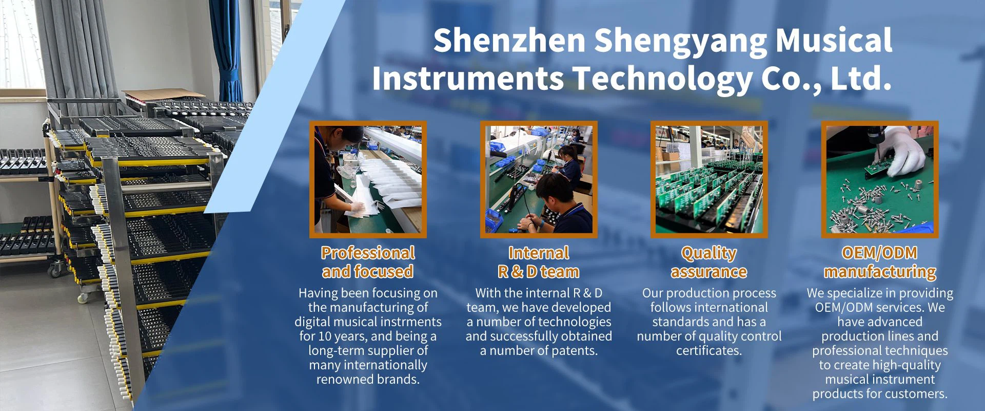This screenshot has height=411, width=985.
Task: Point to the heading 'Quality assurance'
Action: tap(709, 262)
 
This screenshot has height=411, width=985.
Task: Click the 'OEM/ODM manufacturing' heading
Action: tap(880, 262)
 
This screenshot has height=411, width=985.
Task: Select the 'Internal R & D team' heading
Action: tap(539, 262)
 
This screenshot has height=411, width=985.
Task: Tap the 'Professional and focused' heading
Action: tap(368, 262)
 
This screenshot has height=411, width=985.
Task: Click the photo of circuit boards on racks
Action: tap(709, 179)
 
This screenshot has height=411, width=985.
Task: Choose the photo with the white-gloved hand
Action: tap(880, 179)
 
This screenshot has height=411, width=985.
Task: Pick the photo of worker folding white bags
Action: tap(368, 179)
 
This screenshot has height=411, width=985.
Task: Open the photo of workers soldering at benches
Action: tap(539, 179)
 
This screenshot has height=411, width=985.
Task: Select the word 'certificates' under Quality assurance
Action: tap(709, 351)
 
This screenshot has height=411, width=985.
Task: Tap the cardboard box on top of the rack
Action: tap(154, 97)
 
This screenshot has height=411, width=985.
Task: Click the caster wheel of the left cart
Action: tap(55, 267)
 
